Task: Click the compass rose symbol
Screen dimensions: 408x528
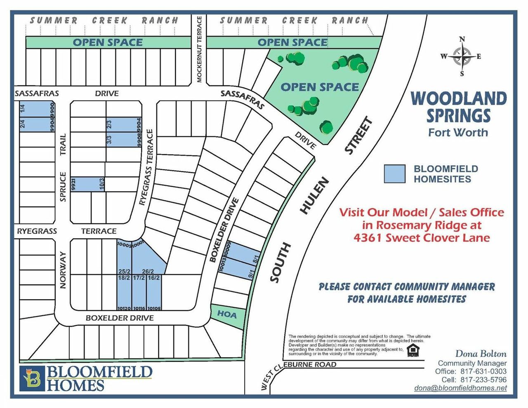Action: [462, 57]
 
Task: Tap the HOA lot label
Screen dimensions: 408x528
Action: [227, 315]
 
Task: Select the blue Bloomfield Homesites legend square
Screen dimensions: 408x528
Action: [394, 174]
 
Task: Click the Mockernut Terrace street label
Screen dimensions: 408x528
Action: [199, 49]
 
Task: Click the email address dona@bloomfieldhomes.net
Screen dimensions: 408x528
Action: [460, 388]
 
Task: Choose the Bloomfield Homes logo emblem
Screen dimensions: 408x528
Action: [32, 378]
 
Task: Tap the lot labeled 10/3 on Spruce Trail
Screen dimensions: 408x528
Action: [87, 184]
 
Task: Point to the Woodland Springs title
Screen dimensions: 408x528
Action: [458, 107]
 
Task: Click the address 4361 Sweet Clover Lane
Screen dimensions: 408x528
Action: [422, 238]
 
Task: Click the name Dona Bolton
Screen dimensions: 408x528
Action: [481, 354]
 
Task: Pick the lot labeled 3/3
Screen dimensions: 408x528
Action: [124, 139]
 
